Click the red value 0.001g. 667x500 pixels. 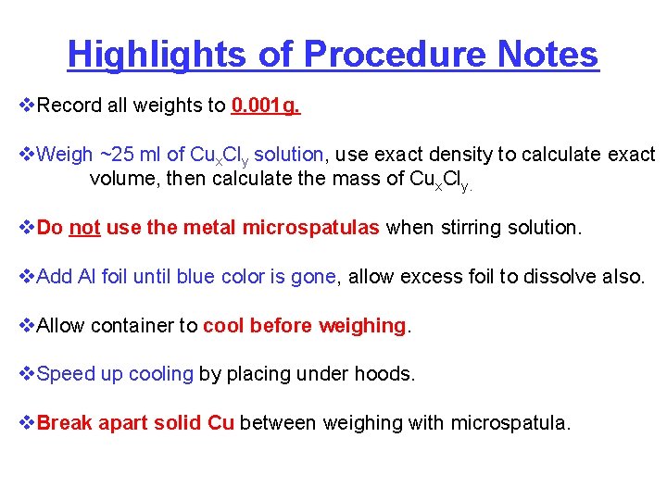click(266, 106)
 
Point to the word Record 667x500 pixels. click(71, 106)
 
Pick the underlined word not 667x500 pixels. click(84, 227)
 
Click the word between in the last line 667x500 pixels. click(273, 423)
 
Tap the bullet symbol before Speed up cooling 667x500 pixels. click(27, 374)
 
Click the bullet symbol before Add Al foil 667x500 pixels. click(27, 276)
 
